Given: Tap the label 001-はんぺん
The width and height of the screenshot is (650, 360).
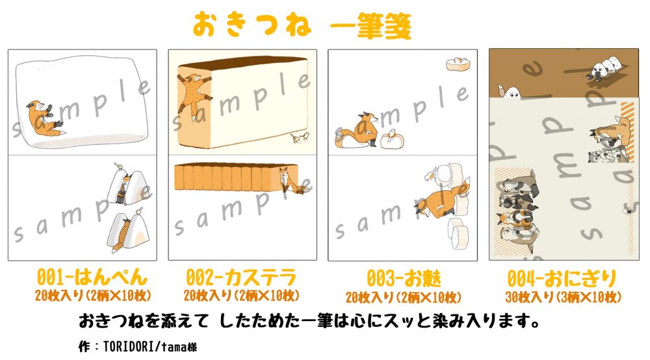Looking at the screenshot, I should [x=83, y=278].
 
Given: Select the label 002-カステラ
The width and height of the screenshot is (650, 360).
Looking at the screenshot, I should [x=241, y=278].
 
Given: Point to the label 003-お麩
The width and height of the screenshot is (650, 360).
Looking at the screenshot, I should [x=403, y=278].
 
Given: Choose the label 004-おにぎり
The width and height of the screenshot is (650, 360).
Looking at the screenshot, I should [x=562, y=278].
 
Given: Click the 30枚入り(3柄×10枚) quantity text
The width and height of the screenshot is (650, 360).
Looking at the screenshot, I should [x=562, y=296].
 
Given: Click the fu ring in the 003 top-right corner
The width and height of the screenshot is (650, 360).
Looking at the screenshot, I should [x=458, y=63].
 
